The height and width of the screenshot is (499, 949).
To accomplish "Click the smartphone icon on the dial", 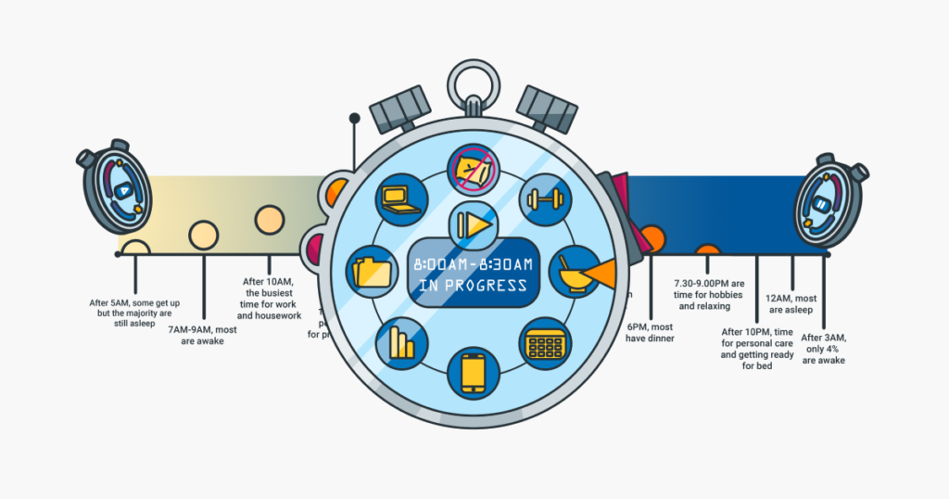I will click(x=474, y=373).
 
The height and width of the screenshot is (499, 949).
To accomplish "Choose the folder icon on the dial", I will click(x=373, y=273).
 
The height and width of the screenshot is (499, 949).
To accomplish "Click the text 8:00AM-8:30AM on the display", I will click(x=474, y=265).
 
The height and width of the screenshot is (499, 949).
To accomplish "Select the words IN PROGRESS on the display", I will click(x=474, y=286).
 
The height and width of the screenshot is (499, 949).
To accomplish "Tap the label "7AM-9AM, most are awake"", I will click(x=203, y=335).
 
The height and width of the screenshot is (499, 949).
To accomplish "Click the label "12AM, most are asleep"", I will click(x=791, y=303).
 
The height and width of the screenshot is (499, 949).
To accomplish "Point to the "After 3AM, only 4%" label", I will click(x=823, y=349).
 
